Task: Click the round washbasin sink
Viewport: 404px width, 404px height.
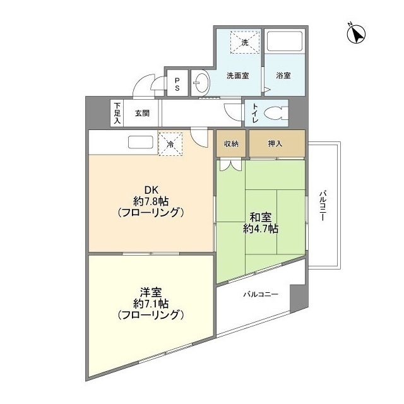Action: click(201, 83)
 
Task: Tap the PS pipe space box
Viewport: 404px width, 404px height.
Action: click(177, 84)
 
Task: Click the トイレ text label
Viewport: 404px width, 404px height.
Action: click(254, 114)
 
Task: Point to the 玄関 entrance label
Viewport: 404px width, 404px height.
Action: click(142, 114)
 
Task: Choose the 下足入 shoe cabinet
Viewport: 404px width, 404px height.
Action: click(117, 114)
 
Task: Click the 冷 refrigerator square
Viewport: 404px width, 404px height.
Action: click(170, 143)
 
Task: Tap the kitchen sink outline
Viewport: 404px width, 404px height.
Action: click(140, 142)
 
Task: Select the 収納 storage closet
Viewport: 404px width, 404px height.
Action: click(231, 144)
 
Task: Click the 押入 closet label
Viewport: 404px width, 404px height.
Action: click(275, 144)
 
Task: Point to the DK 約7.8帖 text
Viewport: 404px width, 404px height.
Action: click(150, 201)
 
